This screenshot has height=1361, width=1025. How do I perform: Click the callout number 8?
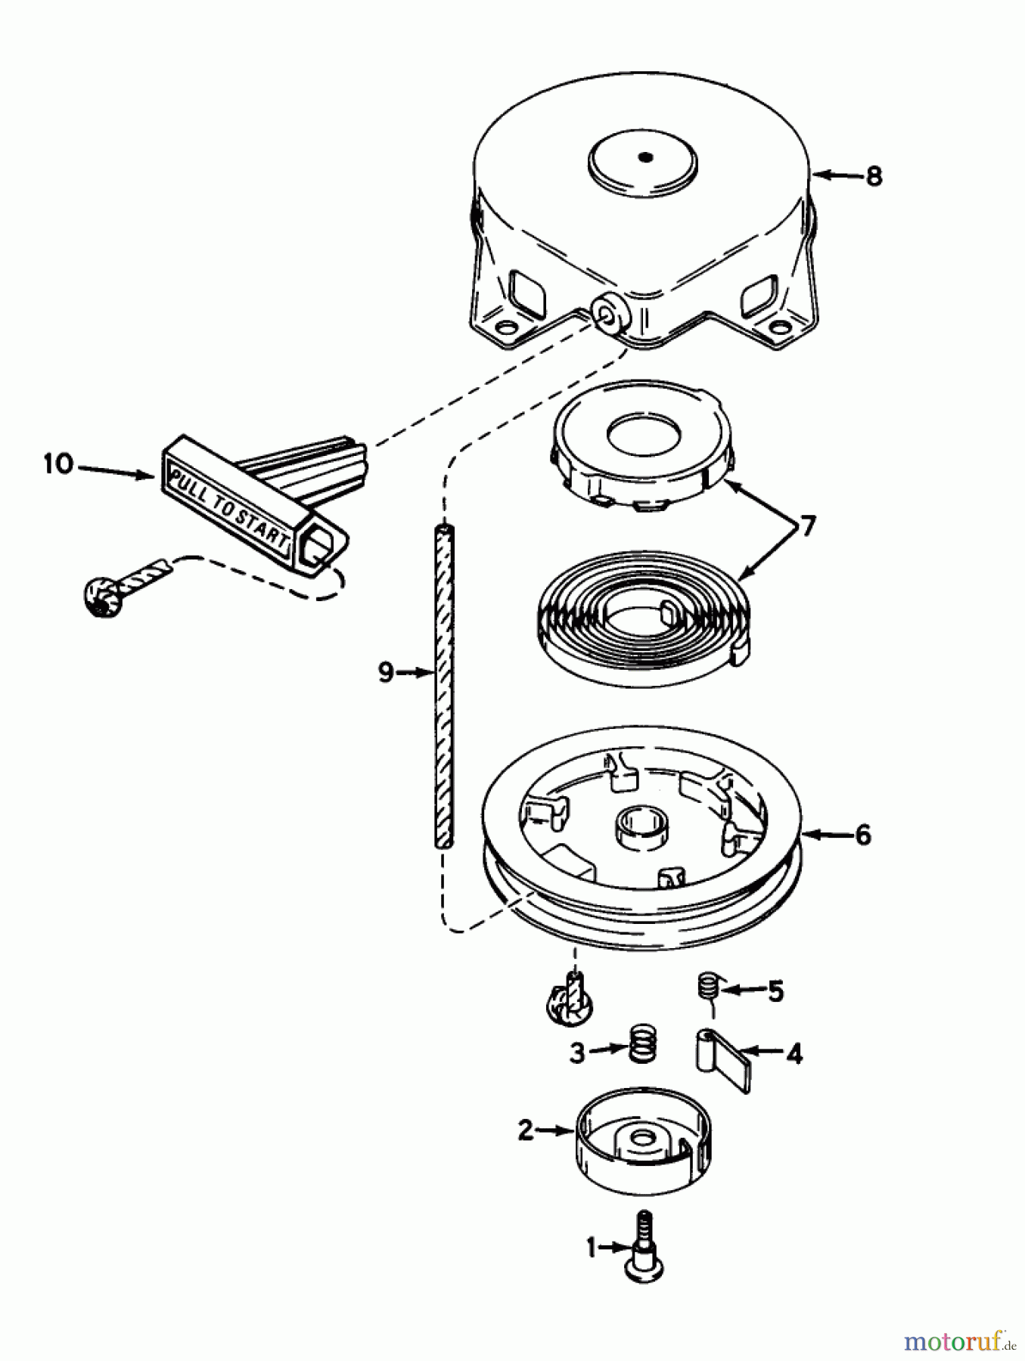[x=874, y=176]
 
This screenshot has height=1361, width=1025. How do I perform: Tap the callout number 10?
[x=57, y=463]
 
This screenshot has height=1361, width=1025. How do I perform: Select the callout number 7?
[x=808, y=525]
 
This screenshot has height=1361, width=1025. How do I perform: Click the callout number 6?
[x=862, y=835]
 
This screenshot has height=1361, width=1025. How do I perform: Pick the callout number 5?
[x=776, y=991]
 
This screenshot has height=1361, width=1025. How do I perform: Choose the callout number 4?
[x=794, y=1053]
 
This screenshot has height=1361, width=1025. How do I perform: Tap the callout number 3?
[x=577, y=1053]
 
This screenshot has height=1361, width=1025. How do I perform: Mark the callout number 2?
[x=526, y=1130]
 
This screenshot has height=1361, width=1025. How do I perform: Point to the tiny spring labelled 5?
[x=707, y=987]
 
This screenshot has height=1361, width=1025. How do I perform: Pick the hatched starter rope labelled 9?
[x=444, y=680]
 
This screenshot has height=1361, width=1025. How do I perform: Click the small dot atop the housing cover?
[x=645, y=157]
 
